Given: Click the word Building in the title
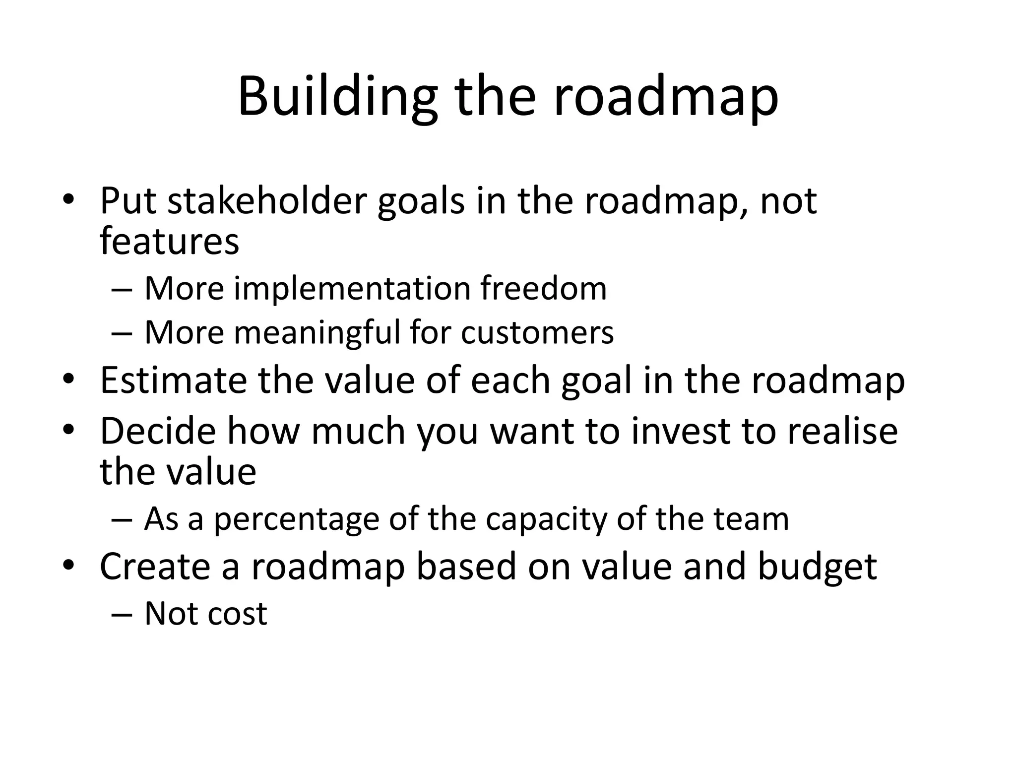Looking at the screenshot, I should pyautogui.click(x=337, y=97).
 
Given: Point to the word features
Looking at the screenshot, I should pyautogui.click(x=170, y=241).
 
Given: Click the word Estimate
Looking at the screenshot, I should pyautogui.click(x=173, y=381).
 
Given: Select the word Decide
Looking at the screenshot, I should pyautogui.click(x=158, y=431).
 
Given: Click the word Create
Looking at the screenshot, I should pyautogui.click(x=155, y=566).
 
